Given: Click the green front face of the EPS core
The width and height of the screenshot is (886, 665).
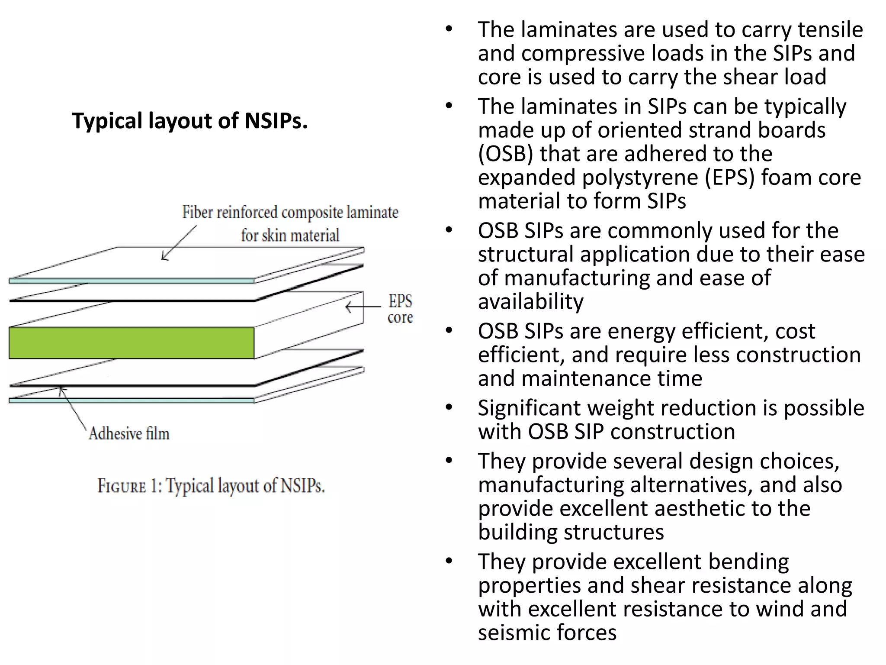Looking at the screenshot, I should point(131,343).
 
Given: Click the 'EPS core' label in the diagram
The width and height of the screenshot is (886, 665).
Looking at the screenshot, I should point(400,309).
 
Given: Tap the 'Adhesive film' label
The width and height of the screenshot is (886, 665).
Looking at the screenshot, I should point(129,433).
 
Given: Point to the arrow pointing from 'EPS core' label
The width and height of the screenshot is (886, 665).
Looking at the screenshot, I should point(363,307).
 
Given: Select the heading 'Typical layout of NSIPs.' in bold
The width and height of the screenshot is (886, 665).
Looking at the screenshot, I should point(189,120).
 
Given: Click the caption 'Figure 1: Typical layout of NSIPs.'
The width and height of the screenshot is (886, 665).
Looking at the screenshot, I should point(211,486).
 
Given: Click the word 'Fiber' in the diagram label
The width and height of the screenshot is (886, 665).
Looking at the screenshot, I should point(198,212).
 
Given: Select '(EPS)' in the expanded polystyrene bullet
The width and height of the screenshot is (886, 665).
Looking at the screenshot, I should point(729,178).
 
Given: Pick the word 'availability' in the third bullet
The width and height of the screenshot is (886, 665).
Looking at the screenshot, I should point(531,301).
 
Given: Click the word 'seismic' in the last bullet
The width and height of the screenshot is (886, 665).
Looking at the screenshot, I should point(514,633).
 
